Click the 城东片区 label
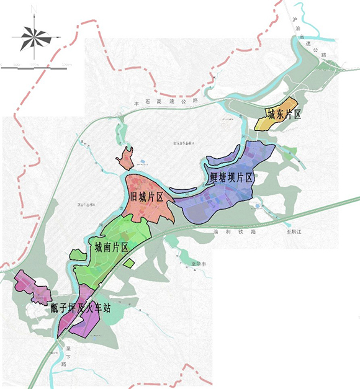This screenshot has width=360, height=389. [284, 114]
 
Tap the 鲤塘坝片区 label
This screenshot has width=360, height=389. [232, 177]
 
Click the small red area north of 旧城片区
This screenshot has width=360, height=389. [125, 159]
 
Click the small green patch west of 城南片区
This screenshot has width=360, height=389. [76, 254]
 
